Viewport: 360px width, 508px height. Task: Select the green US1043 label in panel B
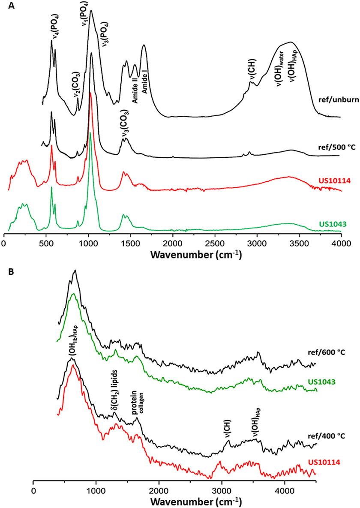pyautogui.click(x=333, y=381)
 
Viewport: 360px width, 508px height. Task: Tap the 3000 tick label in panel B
pyautogui.click(x=222, y=490)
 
